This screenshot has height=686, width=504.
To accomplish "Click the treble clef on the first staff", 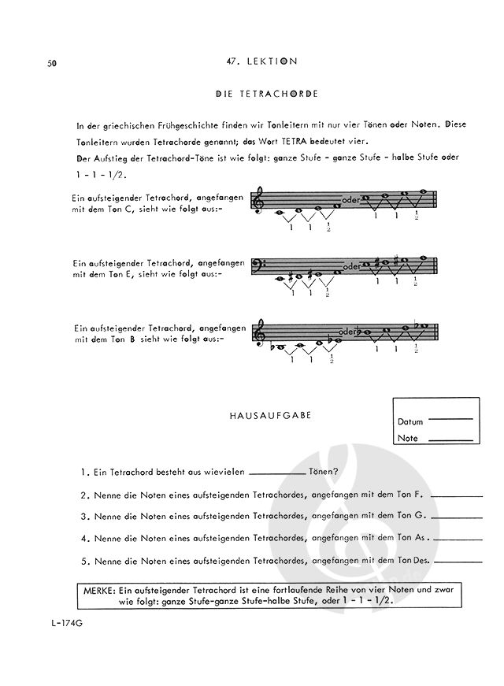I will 257,202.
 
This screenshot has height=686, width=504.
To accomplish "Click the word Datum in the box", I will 410,421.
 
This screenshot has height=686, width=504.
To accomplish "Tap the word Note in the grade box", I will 408,438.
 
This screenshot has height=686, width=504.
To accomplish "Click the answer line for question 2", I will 458,496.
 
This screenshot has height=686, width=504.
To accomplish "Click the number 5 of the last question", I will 84,562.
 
